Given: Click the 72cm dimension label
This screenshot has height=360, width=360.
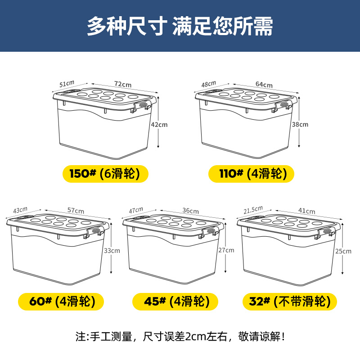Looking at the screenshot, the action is point(123,84).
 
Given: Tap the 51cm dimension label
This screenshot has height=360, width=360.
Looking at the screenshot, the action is point(67,84).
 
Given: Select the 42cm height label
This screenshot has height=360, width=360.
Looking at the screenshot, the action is point(159,125).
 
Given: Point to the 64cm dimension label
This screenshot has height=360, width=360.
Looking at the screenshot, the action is point(264,85).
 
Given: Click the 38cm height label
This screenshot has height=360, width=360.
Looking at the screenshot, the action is point(300,125).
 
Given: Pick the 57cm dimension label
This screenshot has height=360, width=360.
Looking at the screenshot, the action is point(76,210).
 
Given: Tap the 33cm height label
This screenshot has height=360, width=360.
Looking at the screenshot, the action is point(112,251).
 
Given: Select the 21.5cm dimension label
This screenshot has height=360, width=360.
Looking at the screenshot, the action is point(253,210).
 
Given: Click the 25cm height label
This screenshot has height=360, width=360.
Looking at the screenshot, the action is point(343,251).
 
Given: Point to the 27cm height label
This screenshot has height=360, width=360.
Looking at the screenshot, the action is point(226,250).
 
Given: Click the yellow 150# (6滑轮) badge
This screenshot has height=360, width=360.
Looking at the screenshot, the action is point(105,174).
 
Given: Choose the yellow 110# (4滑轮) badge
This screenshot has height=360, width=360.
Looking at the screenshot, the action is point(251,174).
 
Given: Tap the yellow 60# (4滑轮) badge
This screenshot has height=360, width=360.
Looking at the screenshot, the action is point(61,301).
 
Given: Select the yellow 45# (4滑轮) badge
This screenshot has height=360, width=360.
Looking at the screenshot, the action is point(175,301).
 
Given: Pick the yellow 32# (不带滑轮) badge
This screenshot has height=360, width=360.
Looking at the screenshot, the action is point(289,301).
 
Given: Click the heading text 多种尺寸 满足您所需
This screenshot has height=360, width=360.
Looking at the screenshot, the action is point(180,26).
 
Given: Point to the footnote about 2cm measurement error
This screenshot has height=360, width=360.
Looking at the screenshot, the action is point(180,337).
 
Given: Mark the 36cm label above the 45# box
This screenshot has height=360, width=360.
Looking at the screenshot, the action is point(190,211).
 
